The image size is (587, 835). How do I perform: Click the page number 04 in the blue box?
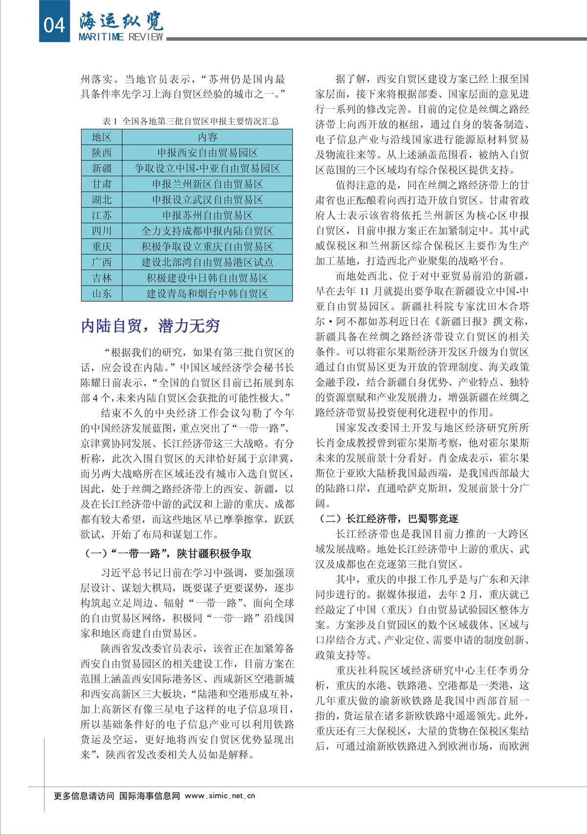pos(54,24)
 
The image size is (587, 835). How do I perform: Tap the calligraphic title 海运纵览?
pos(121,21)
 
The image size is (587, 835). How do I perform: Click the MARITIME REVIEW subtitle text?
pos(121,37)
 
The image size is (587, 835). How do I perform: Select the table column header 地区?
pos(102,137)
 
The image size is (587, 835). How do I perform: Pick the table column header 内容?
pos(207,137)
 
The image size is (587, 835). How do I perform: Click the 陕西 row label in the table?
pos(102,153)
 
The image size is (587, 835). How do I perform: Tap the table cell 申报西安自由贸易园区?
pos(207,153)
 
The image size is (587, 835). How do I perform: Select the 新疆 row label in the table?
pos(102,169)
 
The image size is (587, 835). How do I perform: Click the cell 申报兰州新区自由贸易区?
pos(207,184)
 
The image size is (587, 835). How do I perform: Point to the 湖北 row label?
pos(102,200)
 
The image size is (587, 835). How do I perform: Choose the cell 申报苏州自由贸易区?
pos(207,216)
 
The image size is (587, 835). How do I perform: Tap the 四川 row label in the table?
pos(102,231)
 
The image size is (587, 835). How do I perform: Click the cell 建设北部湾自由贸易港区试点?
pos(207,263)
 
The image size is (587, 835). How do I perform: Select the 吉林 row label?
pos(102,278)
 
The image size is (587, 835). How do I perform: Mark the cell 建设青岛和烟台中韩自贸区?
pos(207,294)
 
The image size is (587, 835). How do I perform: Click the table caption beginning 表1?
pos(191,121)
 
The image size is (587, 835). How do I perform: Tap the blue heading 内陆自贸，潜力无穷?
pos(150,326)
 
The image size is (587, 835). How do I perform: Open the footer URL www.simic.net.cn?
pos(220,796)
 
